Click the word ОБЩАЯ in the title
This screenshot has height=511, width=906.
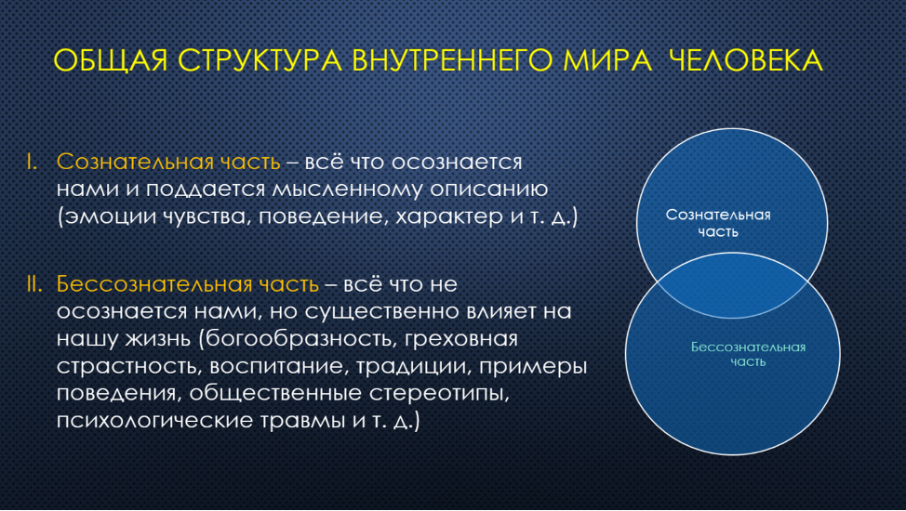click(x=111, y=60)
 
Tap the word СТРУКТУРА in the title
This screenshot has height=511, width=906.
click(x=260, y=60)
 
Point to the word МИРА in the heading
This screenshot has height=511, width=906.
click(x=607, y=60)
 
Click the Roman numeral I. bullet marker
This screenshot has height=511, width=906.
click(x=33, y=163)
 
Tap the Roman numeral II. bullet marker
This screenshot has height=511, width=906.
click(x=34, y=284)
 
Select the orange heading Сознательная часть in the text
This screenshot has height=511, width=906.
click(x=168, y=163)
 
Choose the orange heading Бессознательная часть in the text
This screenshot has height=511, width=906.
click(x=188, y=284)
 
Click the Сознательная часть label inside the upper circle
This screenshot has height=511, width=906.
click(x=718, y=224)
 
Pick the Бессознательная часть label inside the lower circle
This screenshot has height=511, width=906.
click(x=748, y=355)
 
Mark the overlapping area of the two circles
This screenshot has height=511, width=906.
click(x=732, y=286)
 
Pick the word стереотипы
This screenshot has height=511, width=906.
click(x=439, y=393)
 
